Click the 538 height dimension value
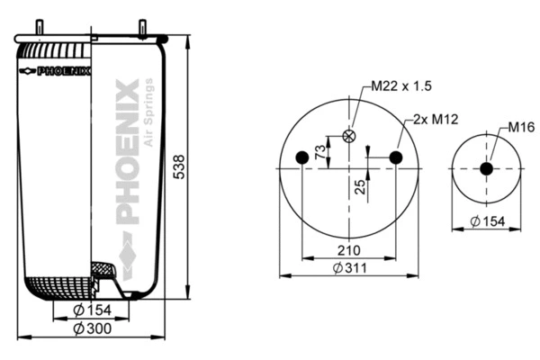(178, 166)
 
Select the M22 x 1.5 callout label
(402, 86)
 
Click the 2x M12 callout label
(433, 119)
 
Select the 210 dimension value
(348, 250)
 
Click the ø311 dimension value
(348, 268)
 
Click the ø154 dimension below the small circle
(487, 220)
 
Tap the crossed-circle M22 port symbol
(349, 137)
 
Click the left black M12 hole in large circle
(302, 158)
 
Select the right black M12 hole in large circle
(395, 158)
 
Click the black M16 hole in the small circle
(486, 168)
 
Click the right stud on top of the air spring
(141, 28)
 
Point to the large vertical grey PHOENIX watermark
(129, 153)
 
